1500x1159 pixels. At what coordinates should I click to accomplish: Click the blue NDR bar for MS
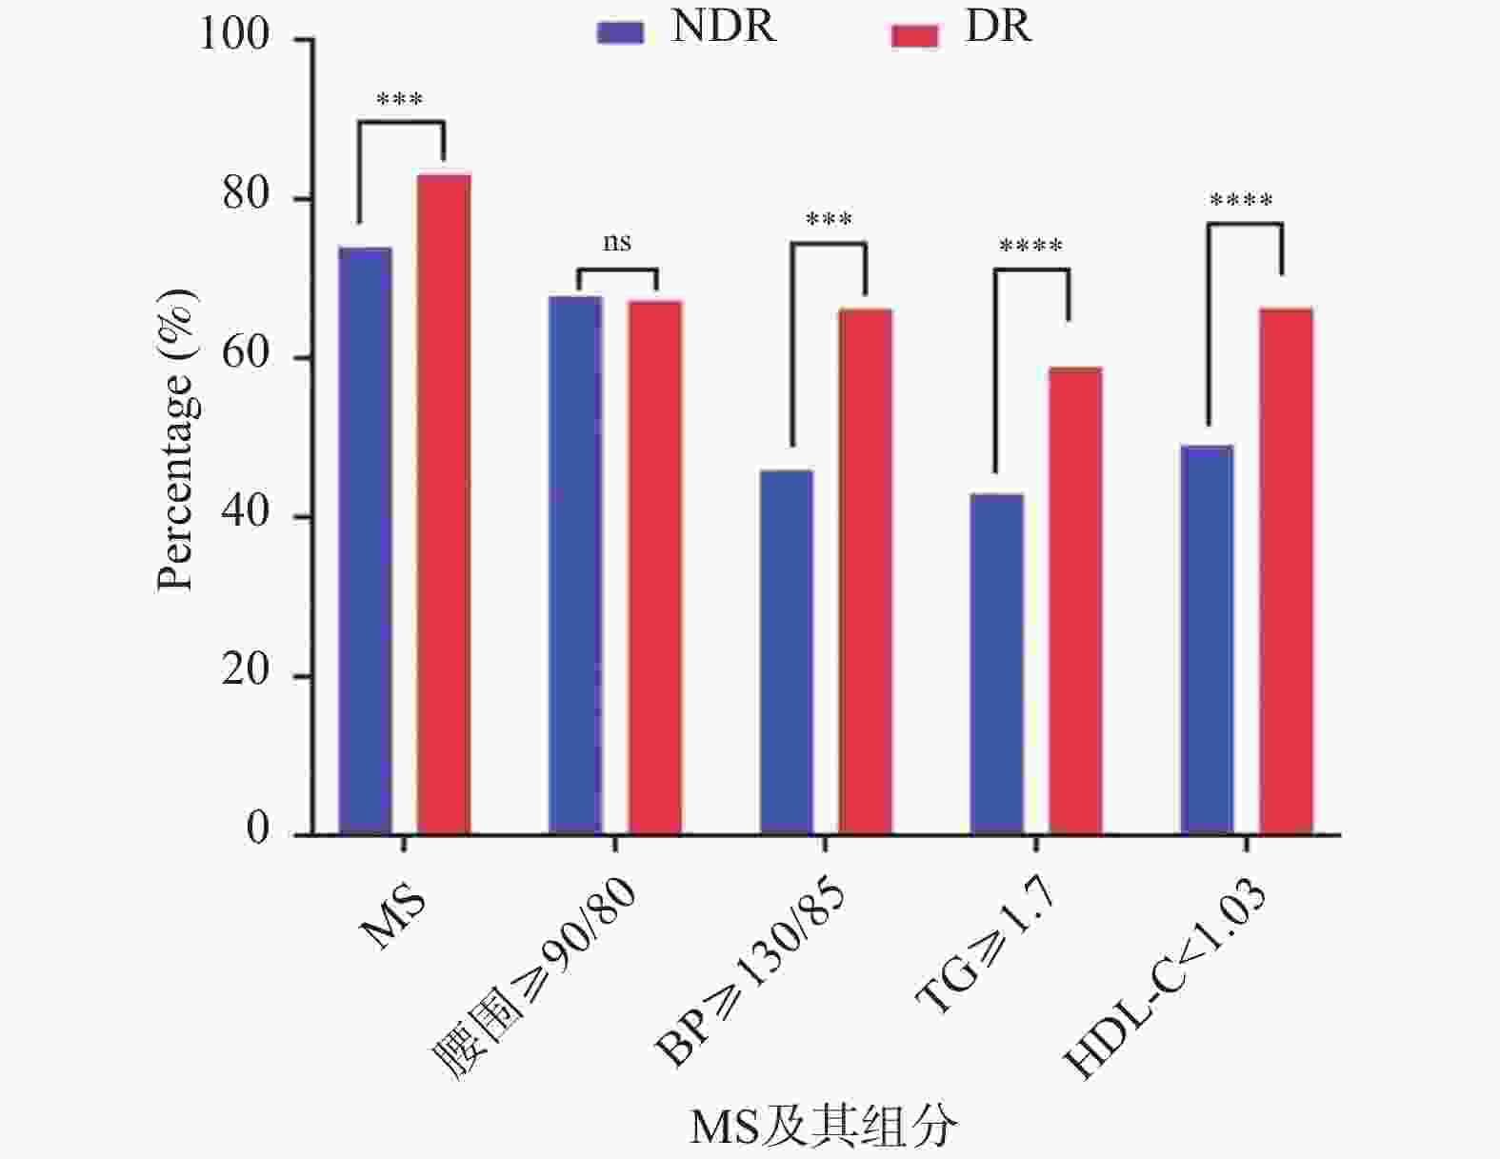coord(365,541)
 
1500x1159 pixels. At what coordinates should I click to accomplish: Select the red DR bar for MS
coord(444,505)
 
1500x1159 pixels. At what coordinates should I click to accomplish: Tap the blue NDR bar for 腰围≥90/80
coord(575,566)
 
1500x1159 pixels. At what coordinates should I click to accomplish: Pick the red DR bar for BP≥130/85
coord(865,571)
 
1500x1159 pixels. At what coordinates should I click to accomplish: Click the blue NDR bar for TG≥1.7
coord(996,665)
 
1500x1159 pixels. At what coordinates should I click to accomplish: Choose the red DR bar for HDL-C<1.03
coord(1286,571)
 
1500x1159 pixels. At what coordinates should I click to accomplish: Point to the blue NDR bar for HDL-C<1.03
coord(1207,640)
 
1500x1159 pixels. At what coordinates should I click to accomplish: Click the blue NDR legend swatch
coord(620,33)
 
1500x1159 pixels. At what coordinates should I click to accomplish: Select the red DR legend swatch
coord(914,35)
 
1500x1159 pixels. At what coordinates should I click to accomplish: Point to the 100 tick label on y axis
coord(234,35)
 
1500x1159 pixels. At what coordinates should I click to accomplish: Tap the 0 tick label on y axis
coord(258,829)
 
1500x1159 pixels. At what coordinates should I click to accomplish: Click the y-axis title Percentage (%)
coord(177,440)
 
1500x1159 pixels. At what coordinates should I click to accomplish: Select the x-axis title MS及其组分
coord(823,1128)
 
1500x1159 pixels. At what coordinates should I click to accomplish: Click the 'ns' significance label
coord(616,243)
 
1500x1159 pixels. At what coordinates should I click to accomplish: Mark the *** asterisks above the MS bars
coord(400,99)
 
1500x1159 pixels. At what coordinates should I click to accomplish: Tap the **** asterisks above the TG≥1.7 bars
coord(1030,247)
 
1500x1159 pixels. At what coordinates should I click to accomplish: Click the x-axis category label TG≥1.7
coord(986,947)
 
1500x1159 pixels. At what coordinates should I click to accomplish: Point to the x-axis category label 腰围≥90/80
coord(534,980)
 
